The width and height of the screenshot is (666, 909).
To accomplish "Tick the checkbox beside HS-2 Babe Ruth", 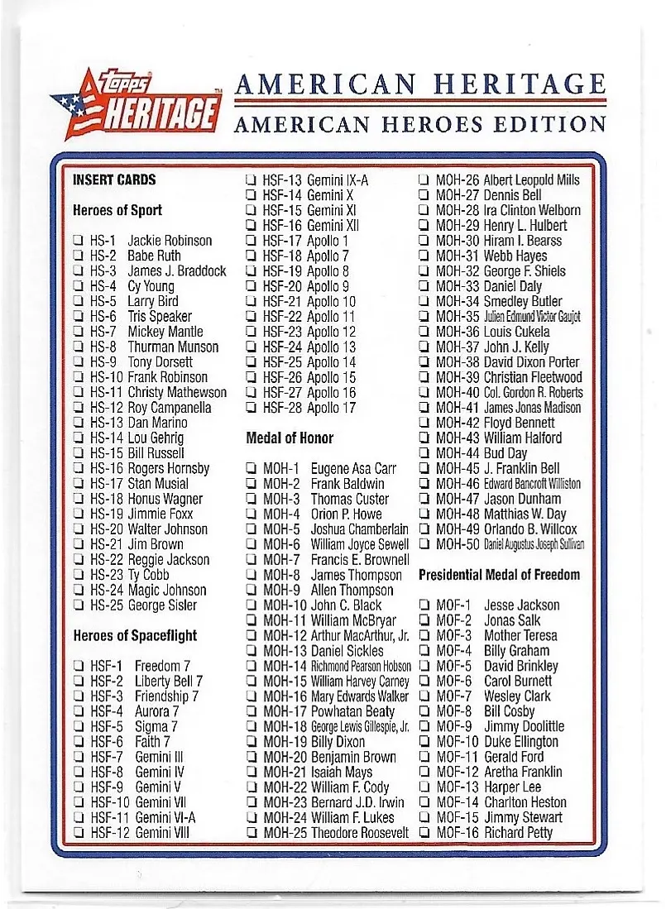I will tap(78, 256).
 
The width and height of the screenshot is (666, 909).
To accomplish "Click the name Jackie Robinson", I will tap(170, 241).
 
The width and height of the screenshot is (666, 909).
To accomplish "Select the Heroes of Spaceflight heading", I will tap(135, 635).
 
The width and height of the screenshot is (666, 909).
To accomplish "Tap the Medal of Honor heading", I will tap(290, 438).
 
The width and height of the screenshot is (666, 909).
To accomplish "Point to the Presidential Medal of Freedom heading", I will tap(499, 574).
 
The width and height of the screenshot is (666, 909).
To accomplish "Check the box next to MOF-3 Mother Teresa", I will tap(424, 636).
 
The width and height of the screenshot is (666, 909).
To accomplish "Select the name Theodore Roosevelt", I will tap(360, 832).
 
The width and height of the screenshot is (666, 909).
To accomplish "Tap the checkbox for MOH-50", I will tap(424, 544).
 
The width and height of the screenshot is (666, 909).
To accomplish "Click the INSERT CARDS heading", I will tap(114, 179).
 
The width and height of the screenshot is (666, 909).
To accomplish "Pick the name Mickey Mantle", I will tap(165, 332).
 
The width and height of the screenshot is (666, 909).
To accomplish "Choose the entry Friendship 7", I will tap(166, 696).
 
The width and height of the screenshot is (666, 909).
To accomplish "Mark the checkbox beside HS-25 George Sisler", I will tap(78, 605).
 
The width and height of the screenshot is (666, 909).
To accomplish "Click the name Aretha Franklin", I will tap(523, 772).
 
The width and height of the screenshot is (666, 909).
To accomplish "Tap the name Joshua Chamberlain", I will tap(359, 529).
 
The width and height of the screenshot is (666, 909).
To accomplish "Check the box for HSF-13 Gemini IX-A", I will tap(250, 180).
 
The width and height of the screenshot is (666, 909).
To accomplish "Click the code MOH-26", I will tap(458, 180).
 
